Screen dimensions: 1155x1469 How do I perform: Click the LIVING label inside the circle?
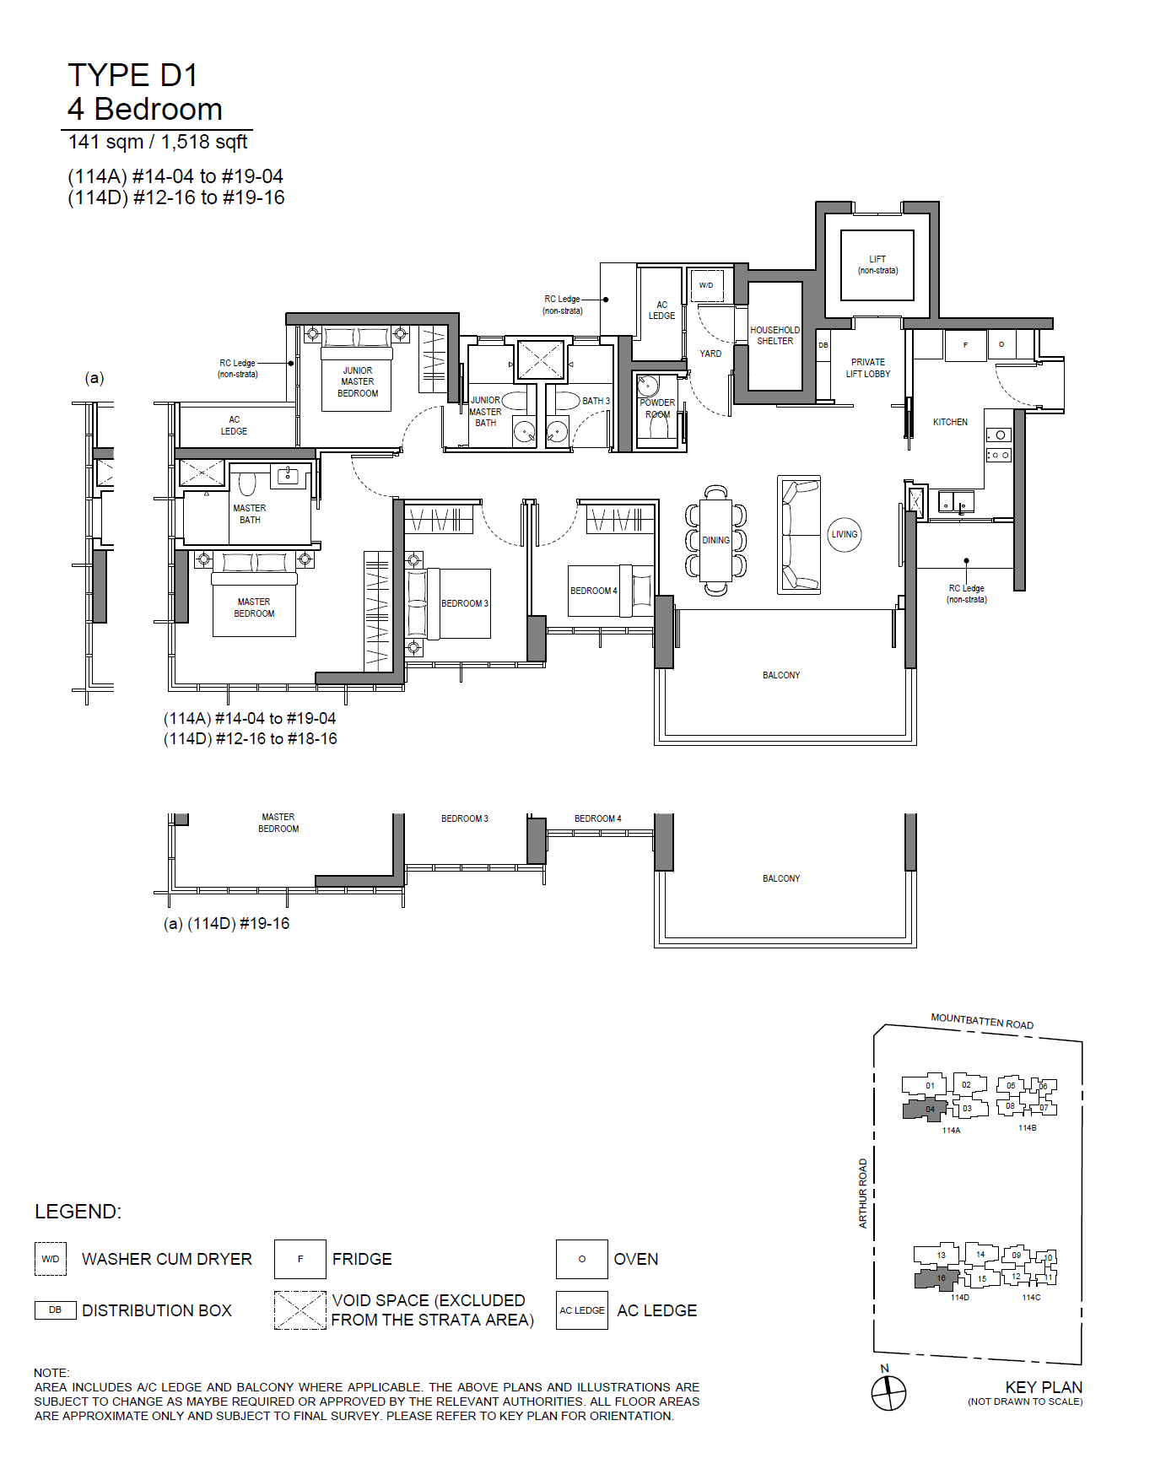coord(844,534)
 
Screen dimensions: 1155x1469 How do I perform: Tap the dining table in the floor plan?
coord(715,541)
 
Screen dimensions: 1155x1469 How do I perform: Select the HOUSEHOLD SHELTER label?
coord(774,336)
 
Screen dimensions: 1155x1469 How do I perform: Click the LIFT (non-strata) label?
coord(877,265)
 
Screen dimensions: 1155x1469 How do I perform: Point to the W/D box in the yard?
coord(707,285)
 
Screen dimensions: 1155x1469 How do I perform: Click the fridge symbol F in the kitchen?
coord(966,345)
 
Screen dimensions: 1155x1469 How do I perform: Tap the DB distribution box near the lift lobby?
coord(823,345)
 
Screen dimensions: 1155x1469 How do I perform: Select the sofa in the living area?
coord(798,534)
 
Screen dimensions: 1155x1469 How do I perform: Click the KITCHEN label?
coord(950,422)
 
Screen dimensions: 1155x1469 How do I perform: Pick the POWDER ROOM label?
coord(657,408)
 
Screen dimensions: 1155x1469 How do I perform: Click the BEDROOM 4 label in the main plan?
coord(594,591)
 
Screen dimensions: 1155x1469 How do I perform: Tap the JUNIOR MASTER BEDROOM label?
coord(358,382)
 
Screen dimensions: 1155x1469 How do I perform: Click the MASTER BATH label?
coord(250,514)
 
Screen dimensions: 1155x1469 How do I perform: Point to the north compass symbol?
coord(888,1393)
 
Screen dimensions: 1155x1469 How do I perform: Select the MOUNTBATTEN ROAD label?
coord(982,1022)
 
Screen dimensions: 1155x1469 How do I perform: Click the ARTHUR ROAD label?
coord(863,1193)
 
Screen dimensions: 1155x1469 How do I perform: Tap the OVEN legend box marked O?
coord(581,1259)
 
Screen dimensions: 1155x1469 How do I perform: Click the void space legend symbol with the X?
coord(300,1310)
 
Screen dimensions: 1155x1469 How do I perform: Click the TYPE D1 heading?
coord(132,75)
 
